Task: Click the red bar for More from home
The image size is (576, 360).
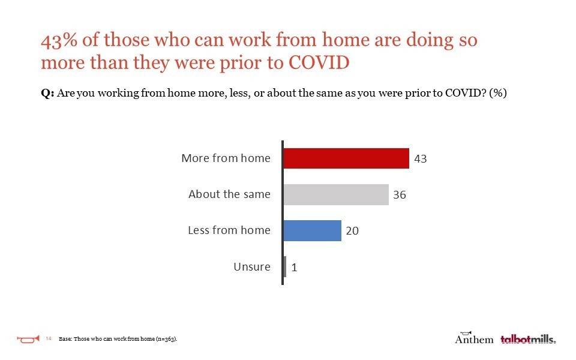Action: tap(346, 158)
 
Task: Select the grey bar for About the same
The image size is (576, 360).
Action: tap(336, 194)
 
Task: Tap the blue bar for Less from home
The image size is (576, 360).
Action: tap(313, 230)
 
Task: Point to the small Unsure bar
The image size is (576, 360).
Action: tap(285, 266)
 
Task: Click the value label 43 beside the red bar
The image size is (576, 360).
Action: tap(420, 158)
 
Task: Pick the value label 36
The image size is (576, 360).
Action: tap(400, 194)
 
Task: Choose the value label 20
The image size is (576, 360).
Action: tap(352, 230)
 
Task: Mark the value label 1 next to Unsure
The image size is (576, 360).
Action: tap(294, 267)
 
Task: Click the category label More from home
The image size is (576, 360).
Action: tap(226, 158)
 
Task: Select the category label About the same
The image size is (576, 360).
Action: tap(230, 194)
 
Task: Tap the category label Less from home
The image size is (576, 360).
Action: tap(229, 230)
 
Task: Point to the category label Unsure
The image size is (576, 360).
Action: tap(252, 266)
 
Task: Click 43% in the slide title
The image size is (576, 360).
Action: tap(59, 40)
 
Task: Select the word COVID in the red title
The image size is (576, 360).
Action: tap(319, 62)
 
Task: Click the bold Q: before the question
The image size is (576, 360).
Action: tap(47, 93)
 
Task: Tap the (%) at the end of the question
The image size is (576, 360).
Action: tap(498, 92)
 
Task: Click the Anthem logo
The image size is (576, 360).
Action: tap(474, 338)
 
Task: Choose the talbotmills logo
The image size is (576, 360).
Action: tap(528, 339)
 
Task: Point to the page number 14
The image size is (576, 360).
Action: tap(49, 338)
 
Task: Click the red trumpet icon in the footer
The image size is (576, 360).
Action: tap(28, 339)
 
